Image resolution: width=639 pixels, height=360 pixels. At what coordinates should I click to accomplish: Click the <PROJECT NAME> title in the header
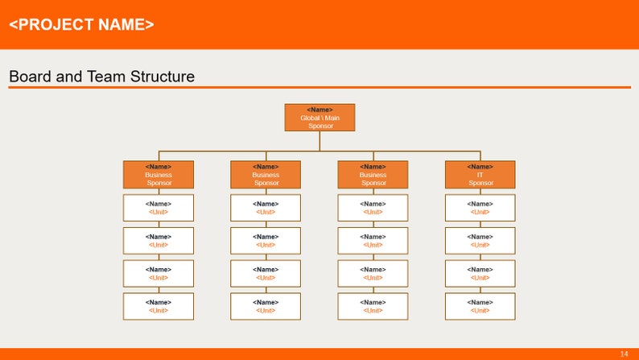pos(81,24)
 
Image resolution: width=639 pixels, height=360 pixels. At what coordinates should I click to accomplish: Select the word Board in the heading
pos(28,77)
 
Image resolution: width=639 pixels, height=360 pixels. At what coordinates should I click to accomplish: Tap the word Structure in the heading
pos(160,77)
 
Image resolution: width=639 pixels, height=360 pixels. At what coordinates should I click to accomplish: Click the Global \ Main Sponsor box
pos(319,117)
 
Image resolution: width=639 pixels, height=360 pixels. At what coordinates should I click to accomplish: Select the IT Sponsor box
pos(480,175)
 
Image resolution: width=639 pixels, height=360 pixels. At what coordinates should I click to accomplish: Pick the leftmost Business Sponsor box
pos(158,175)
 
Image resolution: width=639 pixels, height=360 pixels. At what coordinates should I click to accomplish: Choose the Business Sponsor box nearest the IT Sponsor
pos(373,175)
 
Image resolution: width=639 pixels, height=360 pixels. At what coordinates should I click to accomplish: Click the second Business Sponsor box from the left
pos(266,175)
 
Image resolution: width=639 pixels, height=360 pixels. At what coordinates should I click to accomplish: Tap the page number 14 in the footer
pos(624,354)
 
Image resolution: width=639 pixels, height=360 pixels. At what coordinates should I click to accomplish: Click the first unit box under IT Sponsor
pos(480,208)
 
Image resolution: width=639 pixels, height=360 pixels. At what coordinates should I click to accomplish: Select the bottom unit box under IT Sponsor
pos(480,306)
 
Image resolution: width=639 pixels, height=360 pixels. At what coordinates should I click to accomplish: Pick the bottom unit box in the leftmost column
pos(158,306)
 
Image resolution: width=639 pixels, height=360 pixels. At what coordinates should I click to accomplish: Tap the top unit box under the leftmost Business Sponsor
pos(158,208)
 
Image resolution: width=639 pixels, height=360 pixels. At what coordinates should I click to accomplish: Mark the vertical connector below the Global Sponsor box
pos(319,141)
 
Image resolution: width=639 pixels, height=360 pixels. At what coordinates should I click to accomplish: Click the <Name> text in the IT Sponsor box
pos(480,167)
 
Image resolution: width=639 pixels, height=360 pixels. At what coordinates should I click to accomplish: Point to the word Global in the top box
pos(311,118)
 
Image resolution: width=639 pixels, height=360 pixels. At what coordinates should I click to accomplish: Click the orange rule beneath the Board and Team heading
pos(319,88)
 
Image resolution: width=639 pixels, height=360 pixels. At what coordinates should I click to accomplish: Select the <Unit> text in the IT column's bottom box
pos(480,311)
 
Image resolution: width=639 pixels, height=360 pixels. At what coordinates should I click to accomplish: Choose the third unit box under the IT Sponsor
pos(480,273)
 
